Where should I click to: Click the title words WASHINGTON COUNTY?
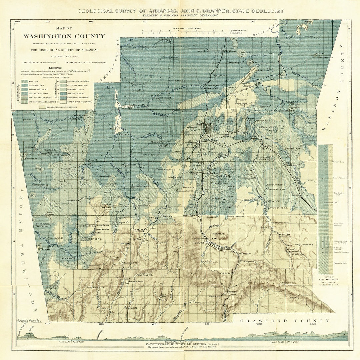(64, 36)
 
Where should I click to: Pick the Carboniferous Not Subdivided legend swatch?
(42, 107)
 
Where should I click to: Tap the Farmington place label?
(164, 146)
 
